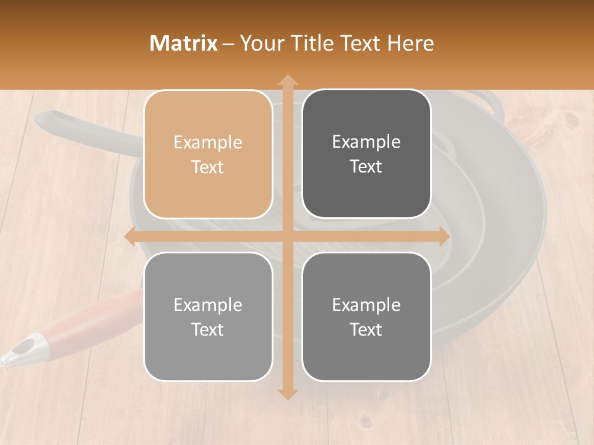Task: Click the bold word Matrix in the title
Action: (x=184, y=43)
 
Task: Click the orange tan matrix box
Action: (x=208, y=154)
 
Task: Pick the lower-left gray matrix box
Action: (x=208, y=316)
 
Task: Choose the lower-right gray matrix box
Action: (x=366, y=316)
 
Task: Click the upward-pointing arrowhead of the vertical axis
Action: (x=287, y=80)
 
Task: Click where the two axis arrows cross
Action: (x=287, y=237)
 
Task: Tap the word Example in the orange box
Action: (x=208, y=143)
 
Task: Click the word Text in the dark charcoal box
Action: (x=366, y=167)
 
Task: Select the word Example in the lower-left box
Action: (x=208, y=305)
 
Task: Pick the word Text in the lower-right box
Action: (x=366, y=330)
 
